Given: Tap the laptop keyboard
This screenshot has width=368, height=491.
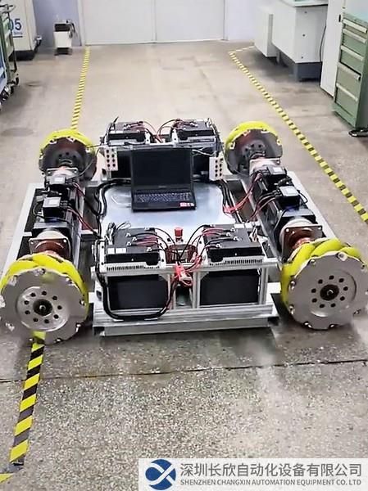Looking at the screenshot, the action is pos(164,197).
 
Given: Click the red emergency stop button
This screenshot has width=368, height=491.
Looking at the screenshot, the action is pos(179,232).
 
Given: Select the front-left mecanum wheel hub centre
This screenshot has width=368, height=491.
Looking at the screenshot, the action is pos(40,307).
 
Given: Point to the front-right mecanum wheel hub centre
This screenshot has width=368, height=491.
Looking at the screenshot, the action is pos(328,293).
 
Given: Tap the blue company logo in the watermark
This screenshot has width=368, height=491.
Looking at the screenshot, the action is pos(161,475).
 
